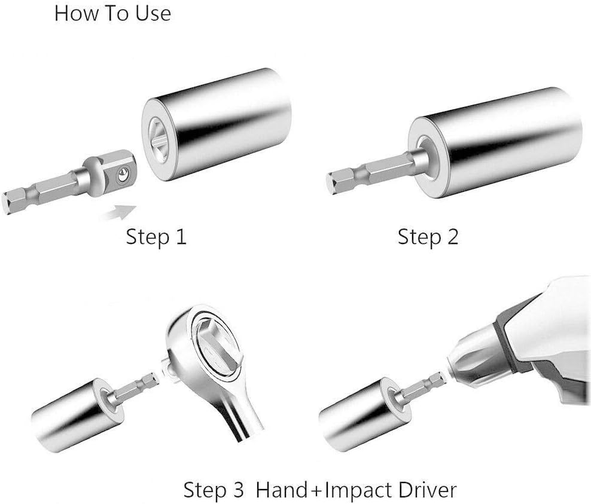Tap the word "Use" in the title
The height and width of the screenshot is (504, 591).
pos(153,13)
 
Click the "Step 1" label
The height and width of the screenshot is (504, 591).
pos(156,237)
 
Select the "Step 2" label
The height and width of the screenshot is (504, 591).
pos(428,237)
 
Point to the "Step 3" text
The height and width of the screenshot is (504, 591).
pos(214,490)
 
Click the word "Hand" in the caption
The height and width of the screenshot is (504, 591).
pos(282,490)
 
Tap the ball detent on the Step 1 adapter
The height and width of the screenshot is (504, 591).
pos(122,175)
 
